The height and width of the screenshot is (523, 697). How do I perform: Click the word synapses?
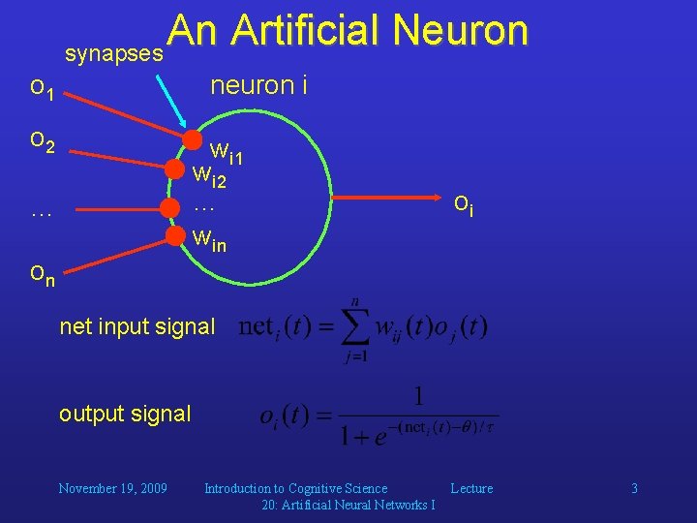click(113, 54)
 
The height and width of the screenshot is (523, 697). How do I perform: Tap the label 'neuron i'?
click(258, 85)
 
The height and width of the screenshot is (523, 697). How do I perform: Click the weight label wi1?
click(227, 152)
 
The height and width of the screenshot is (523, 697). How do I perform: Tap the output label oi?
click(464, 204)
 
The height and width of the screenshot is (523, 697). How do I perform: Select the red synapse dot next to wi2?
click(174, 169)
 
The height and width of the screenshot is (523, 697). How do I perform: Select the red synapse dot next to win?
click(175, 234)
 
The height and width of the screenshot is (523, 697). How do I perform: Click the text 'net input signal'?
click(137, 326)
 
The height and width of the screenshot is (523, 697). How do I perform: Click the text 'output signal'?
click(125, 414)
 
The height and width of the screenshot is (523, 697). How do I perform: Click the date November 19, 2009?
click(112, 488)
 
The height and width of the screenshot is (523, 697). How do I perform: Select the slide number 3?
click(634, 488)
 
